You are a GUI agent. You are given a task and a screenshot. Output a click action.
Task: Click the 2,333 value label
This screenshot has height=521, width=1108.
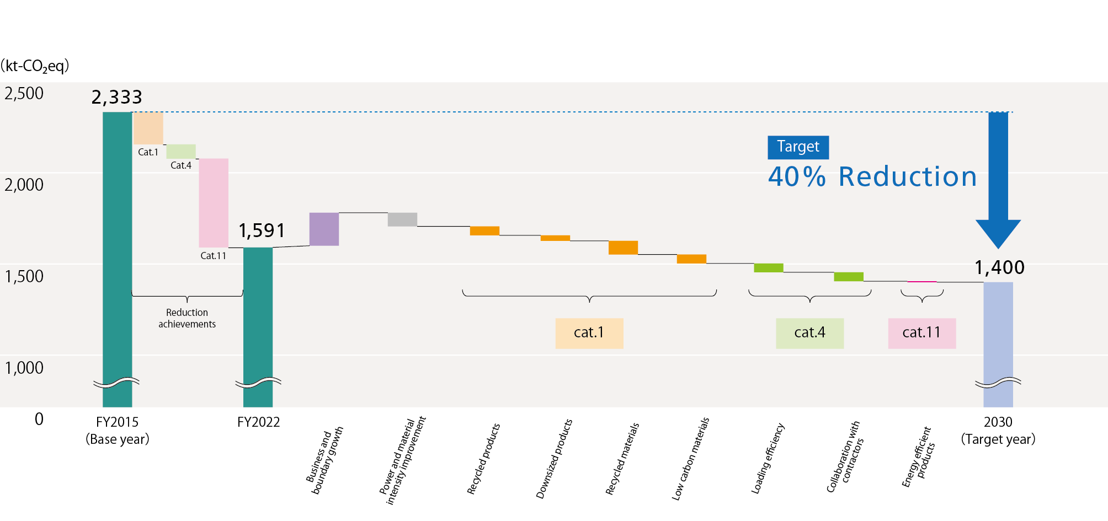click(x=117, y=98)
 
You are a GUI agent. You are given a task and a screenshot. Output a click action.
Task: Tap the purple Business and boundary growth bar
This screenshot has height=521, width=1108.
click(x=324, y=229)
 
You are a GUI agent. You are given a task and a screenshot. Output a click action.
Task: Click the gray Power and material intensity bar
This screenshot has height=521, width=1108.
click(x=402, y=219)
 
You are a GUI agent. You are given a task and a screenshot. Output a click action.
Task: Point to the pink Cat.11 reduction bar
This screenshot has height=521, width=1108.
click(x=214, y=202)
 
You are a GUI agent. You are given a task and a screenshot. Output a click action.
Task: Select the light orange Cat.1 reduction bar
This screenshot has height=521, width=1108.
click(x=148, y=127)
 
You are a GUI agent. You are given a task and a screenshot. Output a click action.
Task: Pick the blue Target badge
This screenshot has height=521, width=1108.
click(x=798, y=147)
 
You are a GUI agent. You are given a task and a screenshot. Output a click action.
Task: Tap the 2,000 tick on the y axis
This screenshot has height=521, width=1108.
click(x=24, y=185)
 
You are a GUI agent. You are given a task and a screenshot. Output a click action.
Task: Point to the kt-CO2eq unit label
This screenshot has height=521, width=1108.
click(x=35, y=66)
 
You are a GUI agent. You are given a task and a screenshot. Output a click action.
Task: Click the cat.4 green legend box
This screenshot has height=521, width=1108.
click(x=809, y=333)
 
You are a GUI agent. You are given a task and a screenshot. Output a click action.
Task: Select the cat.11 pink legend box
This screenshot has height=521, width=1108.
click(x=921, y=333)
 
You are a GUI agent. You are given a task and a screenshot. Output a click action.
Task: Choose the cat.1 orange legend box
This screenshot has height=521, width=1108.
click(x=589, y=333)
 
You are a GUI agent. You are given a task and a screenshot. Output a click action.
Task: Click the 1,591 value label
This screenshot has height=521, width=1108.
click(x=262, y=230)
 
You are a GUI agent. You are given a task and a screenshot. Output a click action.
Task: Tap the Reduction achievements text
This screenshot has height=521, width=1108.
click(x=187, y=318)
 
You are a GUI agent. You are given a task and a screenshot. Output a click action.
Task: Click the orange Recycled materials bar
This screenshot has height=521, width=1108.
click(x=623, y=248)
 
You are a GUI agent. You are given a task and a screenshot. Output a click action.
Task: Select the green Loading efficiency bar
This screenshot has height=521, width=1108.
click(x=768, y=268)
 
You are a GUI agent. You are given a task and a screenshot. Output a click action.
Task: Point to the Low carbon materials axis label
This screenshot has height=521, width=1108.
click(x=690, y=459)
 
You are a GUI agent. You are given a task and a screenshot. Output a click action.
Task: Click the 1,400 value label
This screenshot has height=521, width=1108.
click(x=999, y=268)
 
